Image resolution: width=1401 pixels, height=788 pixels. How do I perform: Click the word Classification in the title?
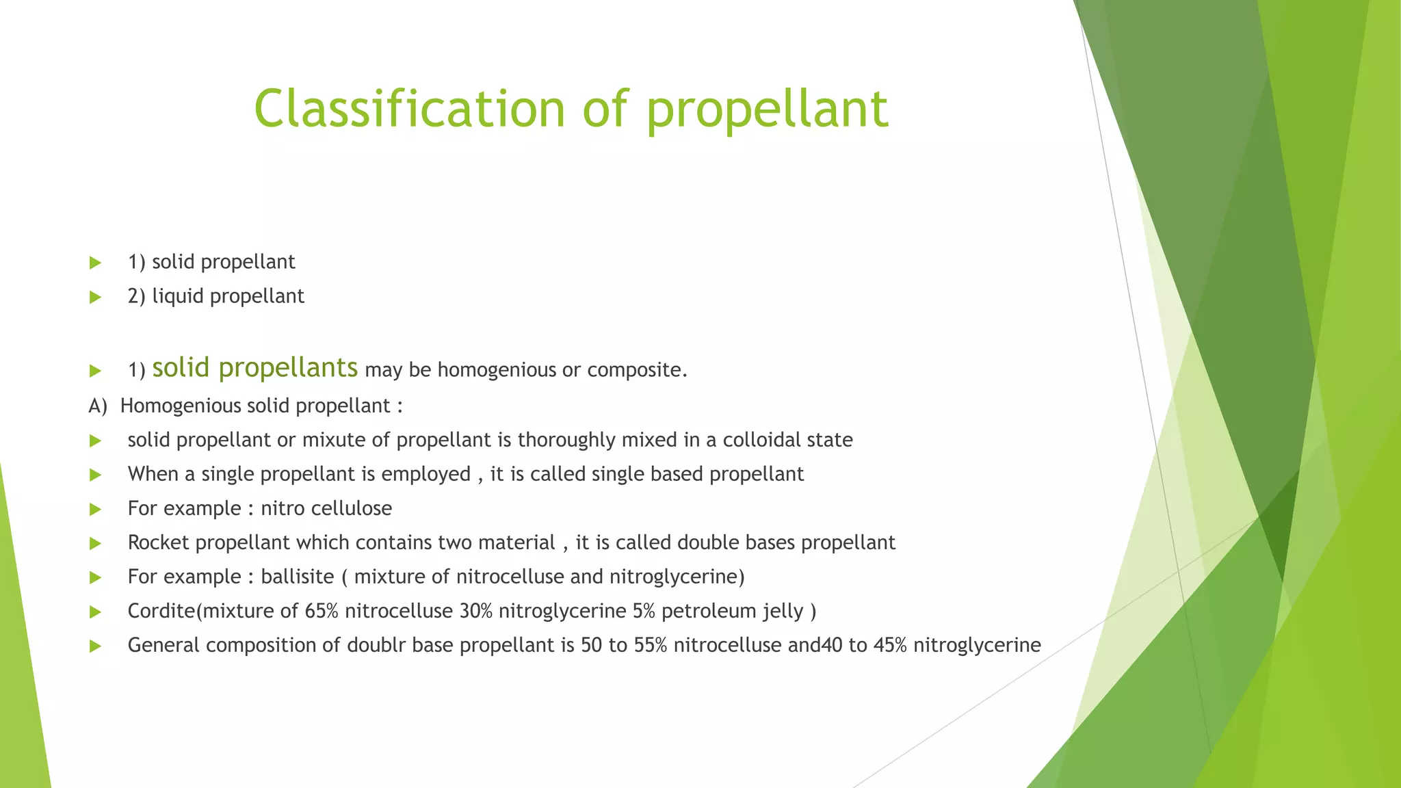410,109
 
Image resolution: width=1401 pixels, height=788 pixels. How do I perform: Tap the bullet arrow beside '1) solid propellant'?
95,263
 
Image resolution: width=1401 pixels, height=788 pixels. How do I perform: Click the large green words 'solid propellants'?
254,368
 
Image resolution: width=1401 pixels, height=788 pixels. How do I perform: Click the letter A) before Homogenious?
97,406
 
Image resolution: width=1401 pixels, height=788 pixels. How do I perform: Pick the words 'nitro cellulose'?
326,508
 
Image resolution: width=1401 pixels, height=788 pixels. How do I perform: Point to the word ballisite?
298,577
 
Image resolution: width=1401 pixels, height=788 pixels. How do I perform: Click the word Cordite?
161,611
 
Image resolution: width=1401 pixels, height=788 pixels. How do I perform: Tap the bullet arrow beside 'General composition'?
95,646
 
